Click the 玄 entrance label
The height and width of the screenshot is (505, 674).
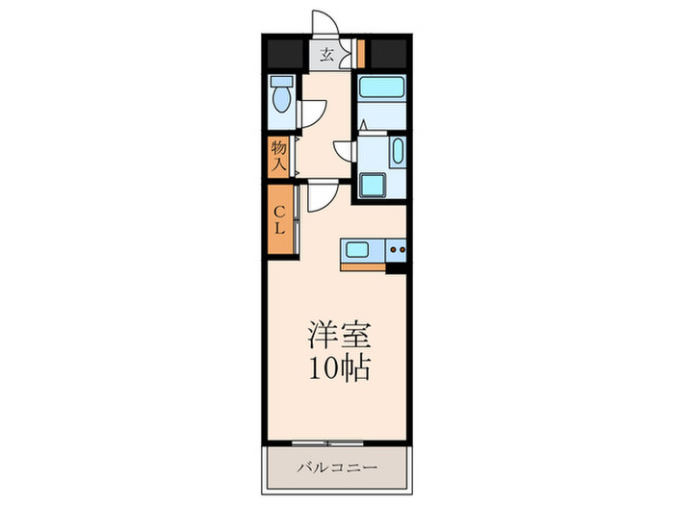(x=327, y=55)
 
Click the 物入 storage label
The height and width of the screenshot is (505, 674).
(x=279, y=155)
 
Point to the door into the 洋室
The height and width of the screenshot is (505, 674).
(x=321, y=195)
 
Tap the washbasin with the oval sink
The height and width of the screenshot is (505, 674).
(x=396, y=152)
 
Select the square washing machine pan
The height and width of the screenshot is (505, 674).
(x=371, y=184)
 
